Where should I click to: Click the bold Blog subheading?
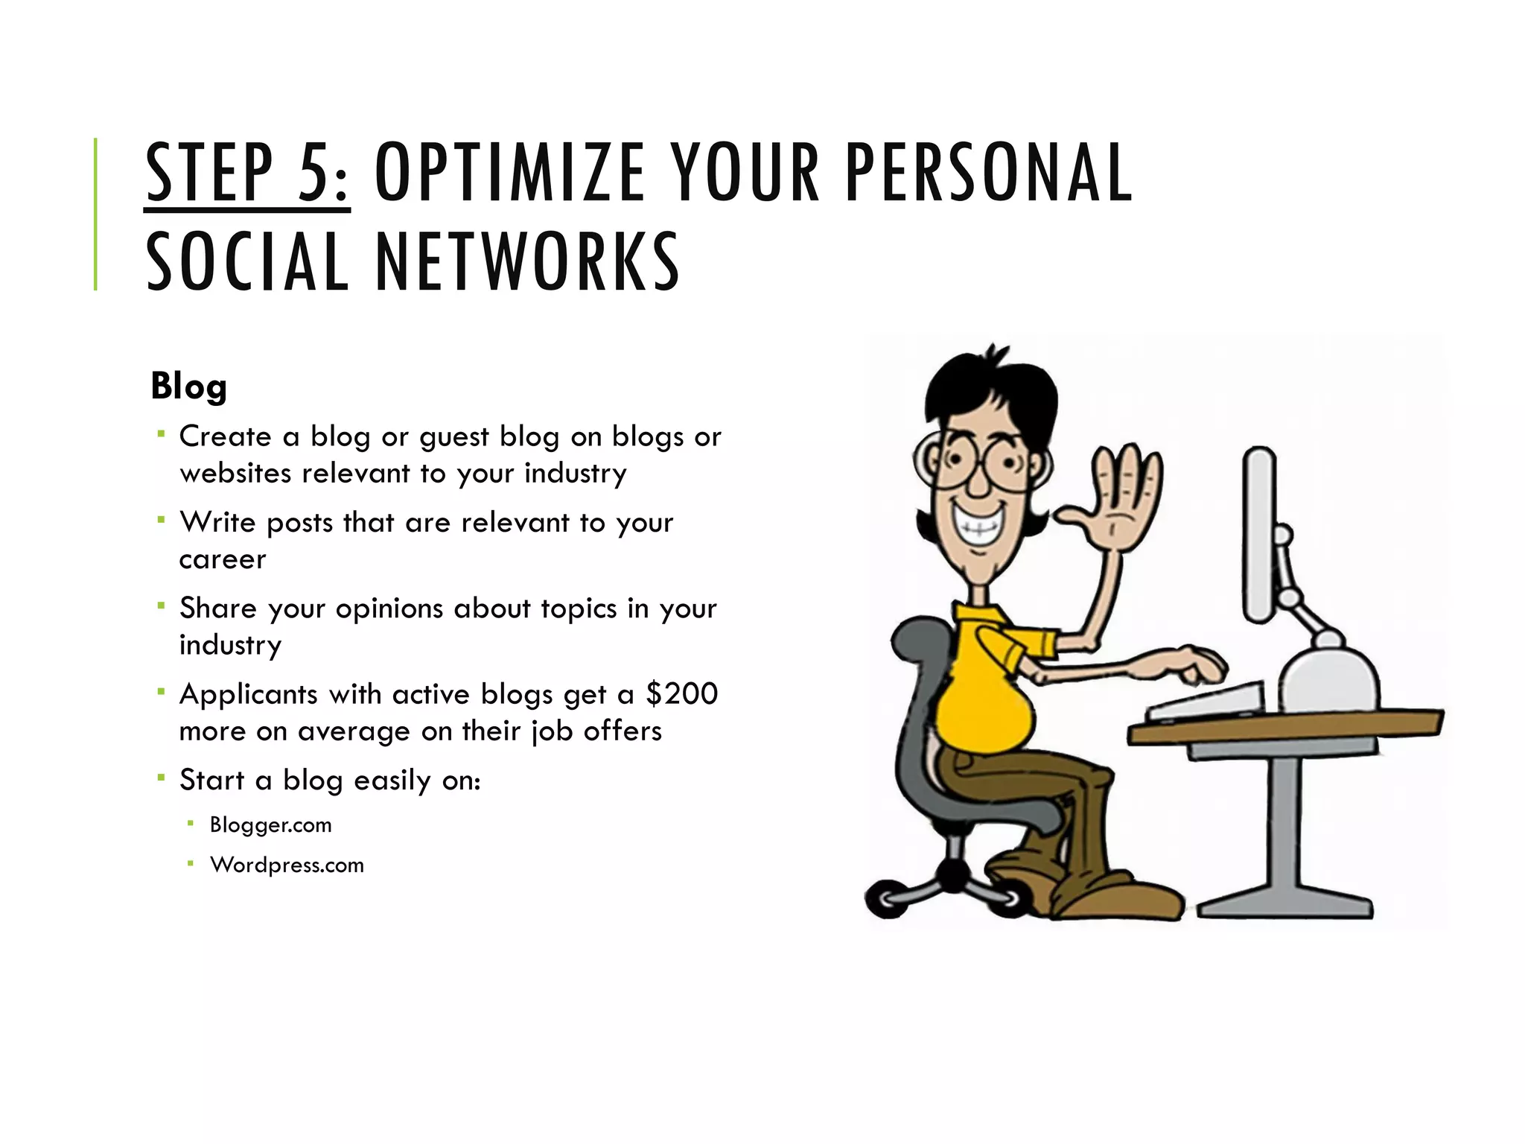tap(188, 387)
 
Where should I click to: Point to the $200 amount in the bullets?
tap(681, 694)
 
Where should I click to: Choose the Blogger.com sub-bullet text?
tap(270, 825)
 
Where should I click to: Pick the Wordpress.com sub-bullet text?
tap(287, 865)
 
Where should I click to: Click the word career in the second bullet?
tap(222, 559)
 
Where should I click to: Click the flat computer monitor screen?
tap(1259, 533)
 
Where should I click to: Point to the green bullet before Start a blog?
tap(161, 778)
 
